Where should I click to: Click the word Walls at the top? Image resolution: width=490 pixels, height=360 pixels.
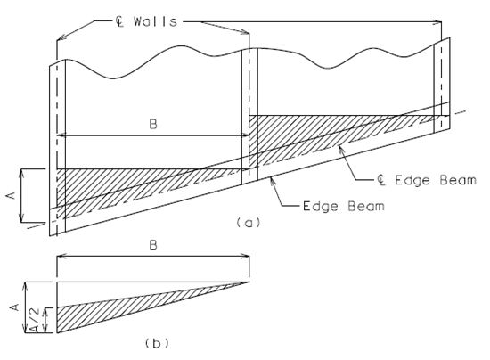[155, 21]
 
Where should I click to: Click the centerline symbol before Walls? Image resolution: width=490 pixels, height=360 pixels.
[119, 21]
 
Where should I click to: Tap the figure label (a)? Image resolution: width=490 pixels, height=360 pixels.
[249, 223]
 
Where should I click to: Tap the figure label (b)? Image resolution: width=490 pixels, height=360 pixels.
[157, 343]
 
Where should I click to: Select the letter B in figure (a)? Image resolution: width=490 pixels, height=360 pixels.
[153, 125]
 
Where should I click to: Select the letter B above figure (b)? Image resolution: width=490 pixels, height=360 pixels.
[153, 245]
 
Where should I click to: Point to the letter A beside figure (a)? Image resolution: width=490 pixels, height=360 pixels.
[11, 196]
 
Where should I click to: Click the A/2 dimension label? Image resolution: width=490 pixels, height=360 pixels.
[36, 319]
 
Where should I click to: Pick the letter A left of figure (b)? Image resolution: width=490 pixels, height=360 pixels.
[14, 307]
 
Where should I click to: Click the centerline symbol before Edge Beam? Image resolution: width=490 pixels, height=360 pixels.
[380, 180]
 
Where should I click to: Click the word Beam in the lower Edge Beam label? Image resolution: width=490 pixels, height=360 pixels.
[366, 206]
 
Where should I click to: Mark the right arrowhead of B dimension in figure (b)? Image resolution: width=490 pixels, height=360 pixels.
[246, 257]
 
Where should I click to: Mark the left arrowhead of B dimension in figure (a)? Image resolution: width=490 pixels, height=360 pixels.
[61, 135]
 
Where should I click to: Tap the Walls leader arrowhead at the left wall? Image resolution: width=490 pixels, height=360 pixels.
[61, 37]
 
